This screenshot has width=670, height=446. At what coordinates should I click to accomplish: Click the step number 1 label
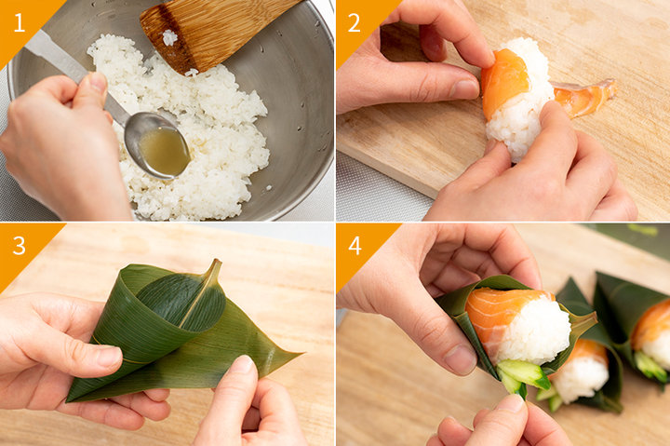tap(20, 22)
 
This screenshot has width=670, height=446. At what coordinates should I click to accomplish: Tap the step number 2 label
tap(354, 22)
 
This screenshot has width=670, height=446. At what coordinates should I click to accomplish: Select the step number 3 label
tap(20, 246)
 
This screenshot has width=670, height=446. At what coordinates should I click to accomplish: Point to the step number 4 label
tap(355, 246)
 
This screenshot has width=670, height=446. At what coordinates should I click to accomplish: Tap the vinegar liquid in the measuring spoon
tap(165, 151)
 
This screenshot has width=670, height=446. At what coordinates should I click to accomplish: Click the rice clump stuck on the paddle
tap(169, 37)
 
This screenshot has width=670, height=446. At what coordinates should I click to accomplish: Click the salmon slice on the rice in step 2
tap(505, 81)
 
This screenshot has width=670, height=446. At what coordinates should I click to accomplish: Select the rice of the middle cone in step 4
tap(581, 378)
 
